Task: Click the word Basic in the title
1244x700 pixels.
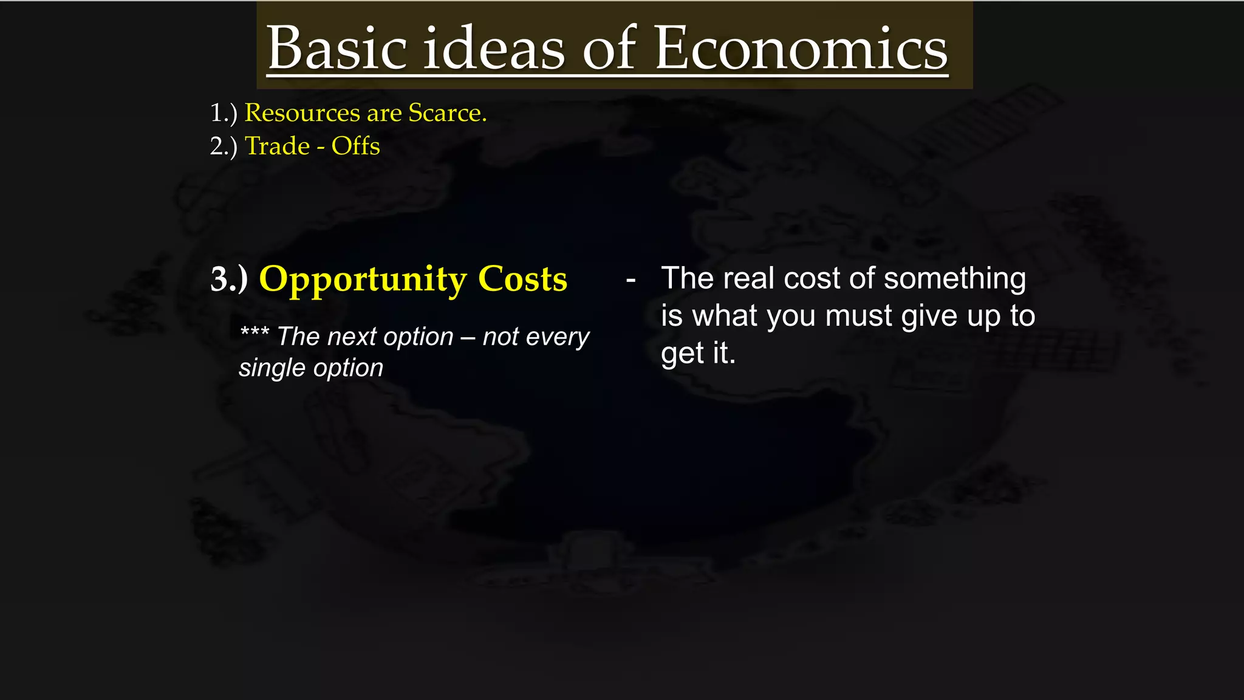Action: tap(337, 49)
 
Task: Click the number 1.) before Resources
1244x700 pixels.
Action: tap(223, 113)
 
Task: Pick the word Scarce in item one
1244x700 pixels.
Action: tap(446, 113)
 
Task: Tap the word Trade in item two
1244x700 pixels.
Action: tap(277, 146)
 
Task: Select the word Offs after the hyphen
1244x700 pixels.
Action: tap(355, 146)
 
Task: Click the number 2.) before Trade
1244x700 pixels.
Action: tap(223, 146)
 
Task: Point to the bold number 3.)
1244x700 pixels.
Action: tap(228, 280)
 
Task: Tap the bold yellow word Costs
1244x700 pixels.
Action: tap(522, 280)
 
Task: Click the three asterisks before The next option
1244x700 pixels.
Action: tap(254, 333)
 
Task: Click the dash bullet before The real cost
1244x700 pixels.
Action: tap(631, 280)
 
